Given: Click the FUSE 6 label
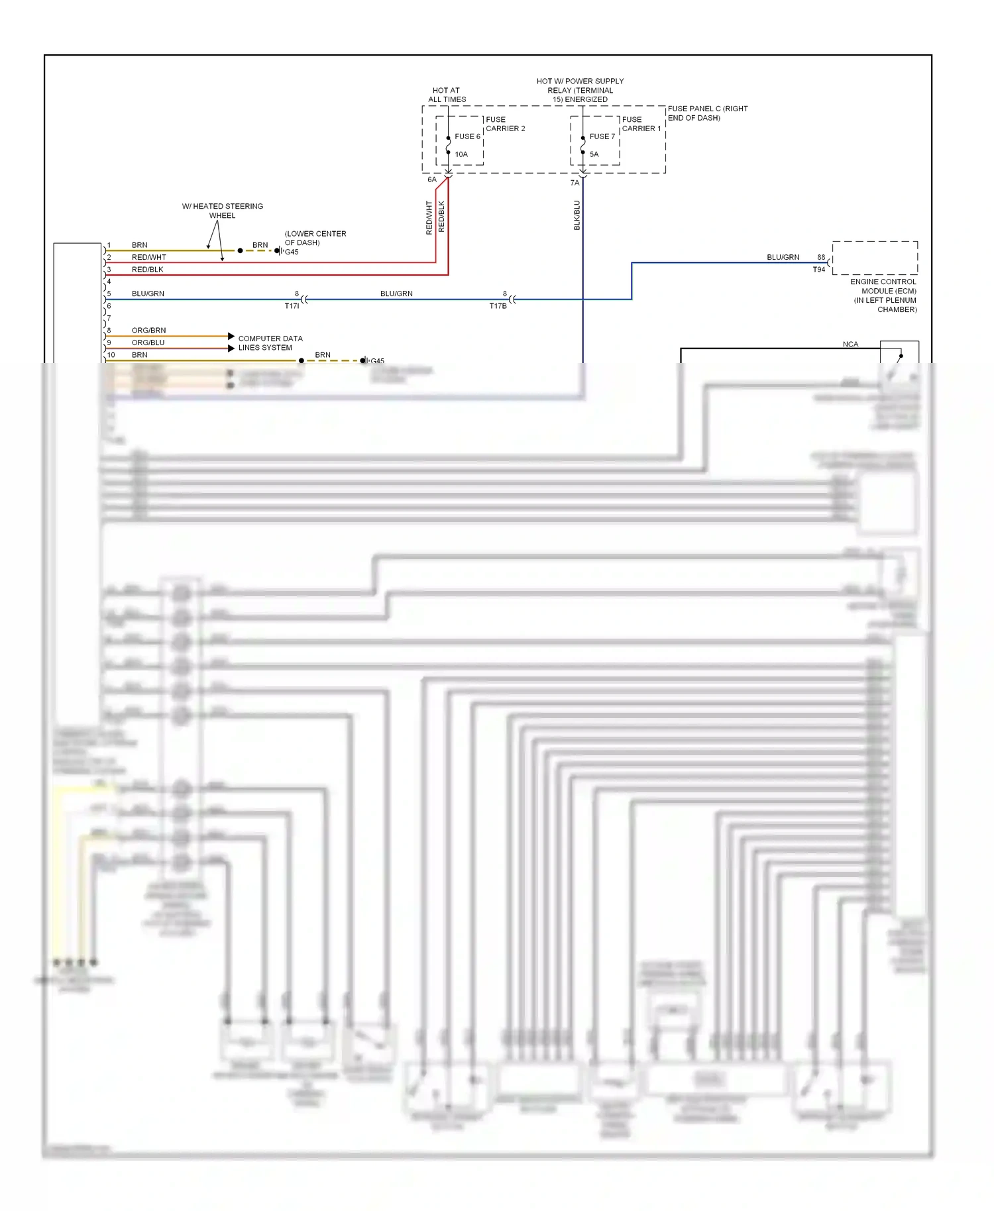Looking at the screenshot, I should click(467, 136).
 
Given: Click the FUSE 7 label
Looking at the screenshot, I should click(602, 136).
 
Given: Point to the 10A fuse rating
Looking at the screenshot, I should click(461, 154).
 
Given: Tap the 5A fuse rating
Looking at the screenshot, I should click(594, 154).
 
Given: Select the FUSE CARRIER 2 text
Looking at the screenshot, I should click(505, 124).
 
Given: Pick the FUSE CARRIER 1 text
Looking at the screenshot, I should click(641, 124).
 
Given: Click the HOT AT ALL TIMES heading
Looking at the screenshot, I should click(447, 95).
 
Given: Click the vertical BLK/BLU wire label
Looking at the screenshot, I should click(577, 215).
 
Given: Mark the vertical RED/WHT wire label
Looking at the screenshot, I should click(429, 218).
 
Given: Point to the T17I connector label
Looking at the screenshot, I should click(292, 306).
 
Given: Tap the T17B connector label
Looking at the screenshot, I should click(498, 306).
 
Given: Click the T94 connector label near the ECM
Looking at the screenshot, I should click(819, 270).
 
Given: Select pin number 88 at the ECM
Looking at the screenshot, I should click(821, 257).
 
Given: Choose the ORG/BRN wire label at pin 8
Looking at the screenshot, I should click(148, 330).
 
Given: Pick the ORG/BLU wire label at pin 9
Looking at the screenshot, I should click(148, 342).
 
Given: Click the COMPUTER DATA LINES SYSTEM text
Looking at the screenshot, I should click(270, 342).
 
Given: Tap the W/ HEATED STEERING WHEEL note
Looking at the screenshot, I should click(222, 211).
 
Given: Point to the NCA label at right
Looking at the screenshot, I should click(850, 344).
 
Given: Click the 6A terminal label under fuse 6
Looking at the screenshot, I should click(432, 180).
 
